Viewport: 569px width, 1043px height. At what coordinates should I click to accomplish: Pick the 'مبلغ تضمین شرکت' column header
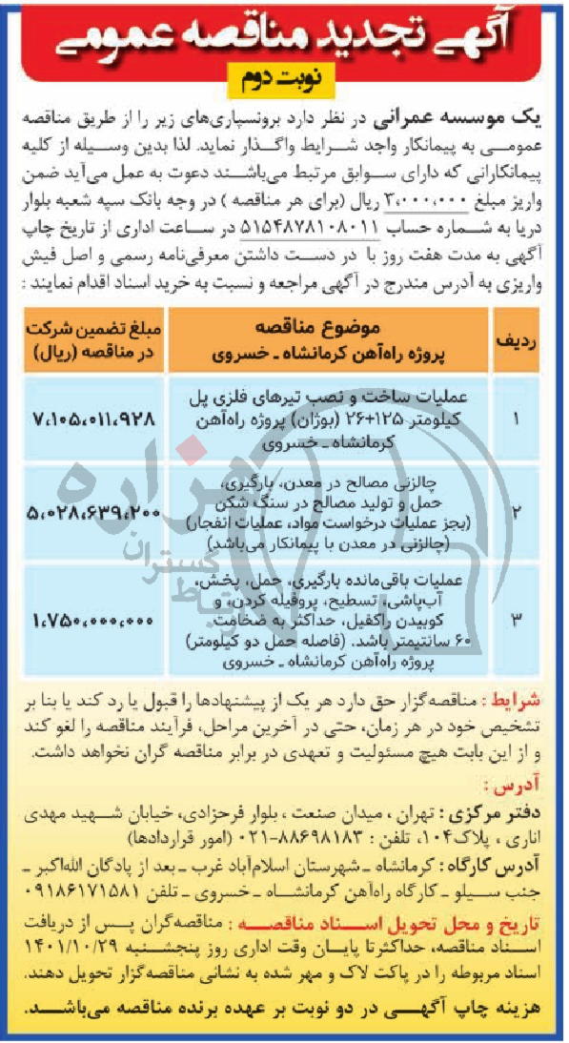pyautogui.click(x=93, y=342)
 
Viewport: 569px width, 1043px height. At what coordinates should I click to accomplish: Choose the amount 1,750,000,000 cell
pyautogui.click(x=93, y=621)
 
